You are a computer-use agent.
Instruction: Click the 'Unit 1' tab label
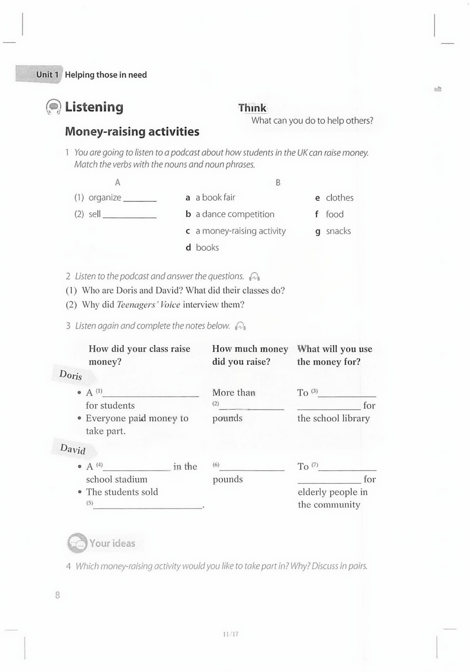[47, 75]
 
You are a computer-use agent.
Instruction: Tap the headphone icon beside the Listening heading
[53, 107]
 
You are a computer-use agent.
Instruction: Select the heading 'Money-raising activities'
[132, 131]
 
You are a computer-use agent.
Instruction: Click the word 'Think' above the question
[252, 108]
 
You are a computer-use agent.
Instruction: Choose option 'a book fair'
[215, 197]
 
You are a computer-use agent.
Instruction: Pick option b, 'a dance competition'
[235, 214]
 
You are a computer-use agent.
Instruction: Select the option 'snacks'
[338, 231]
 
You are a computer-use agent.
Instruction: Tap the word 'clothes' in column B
[339, 198]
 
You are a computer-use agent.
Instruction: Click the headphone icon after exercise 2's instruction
[255, 276]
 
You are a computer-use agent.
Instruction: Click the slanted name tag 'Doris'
[71, 375]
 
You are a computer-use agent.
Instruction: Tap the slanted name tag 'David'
[73, 449]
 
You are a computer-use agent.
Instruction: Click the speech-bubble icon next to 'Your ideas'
[77, 543]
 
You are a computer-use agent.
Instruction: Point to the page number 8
[58, 595]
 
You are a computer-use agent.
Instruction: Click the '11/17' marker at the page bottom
[231, 634]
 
